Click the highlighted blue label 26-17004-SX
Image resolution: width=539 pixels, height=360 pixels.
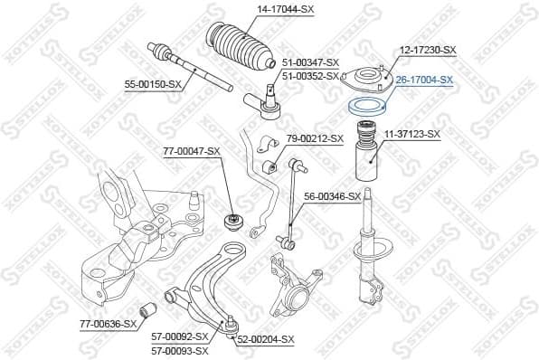point(424,80)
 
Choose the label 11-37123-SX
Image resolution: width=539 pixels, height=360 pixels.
point(411,134)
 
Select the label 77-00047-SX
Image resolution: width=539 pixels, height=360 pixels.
point(191,150)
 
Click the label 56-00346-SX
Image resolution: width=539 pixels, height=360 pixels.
point(332,195)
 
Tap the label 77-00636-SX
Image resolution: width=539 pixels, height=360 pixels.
point(107,323)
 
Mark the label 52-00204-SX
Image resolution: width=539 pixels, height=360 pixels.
point(266,339)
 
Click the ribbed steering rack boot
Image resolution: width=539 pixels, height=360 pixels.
point(242,46)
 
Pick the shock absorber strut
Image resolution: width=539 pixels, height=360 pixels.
point(371,235)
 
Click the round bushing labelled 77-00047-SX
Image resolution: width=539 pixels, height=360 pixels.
point(232,220)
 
